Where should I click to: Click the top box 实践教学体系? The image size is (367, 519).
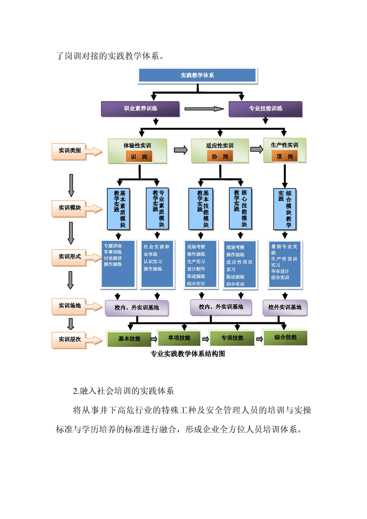coord(197,75)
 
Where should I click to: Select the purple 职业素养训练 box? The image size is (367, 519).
coord(140,109)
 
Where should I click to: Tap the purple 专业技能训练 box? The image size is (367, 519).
coord(266,109)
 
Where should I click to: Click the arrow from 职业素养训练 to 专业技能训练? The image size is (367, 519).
coord(204,109)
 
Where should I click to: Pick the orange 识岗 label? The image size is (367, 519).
coord(139,157)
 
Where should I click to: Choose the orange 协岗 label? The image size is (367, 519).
coord(220,157)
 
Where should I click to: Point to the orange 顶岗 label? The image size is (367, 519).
coord(285,156)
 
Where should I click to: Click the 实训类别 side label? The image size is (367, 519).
coord(70,151)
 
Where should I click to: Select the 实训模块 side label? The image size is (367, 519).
coord(70,208)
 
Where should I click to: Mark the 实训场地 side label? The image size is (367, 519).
coord(70,306)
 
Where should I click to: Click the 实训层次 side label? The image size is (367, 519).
coord(70,340)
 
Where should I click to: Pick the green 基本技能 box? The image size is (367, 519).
coord(129,339)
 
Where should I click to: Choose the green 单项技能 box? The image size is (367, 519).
coord(179,338)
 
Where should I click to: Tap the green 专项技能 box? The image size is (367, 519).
coord(232,338)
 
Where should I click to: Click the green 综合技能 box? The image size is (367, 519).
coord(285,337)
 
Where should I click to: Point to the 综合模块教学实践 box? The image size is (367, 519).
coord(285,209)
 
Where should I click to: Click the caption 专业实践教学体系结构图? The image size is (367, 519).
coord(187,354)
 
